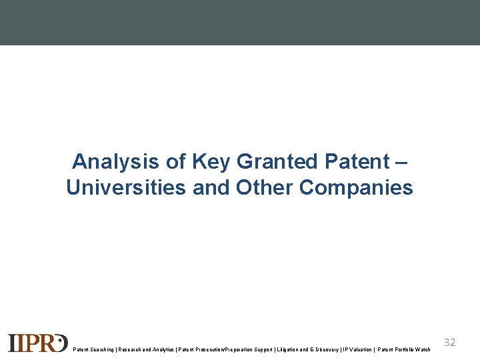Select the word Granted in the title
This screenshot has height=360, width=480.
277,161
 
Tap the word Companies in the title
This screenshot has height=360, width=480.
357,188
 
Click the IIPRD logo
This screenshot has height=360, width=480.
37,342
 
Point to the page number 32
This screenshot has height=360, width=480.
450,343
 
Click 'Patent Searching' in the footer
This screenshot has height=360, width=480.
92,349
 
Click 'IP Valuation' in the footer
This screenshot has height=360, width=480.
357,349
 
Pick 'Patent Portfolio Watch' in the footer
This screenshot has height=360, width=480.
404,349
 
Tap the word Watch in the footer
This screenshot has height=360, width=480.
422,349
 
